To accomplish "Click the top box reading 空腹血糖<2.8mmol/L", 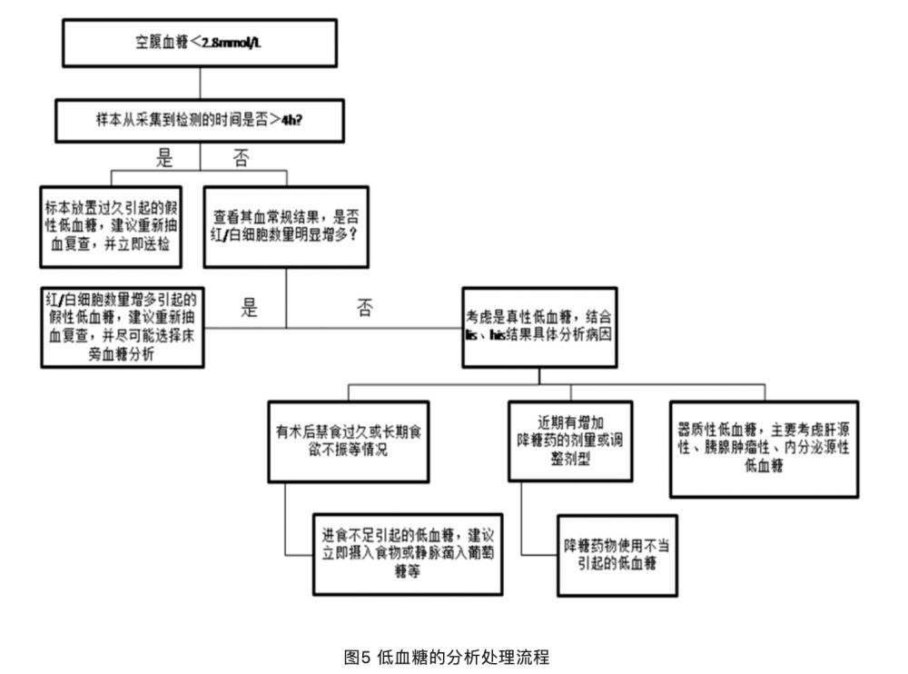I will click(199, 42).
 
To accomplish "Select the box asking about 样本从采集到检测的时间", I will click(199, 120).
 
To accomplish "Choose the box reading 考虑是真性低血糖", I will click(539, 327).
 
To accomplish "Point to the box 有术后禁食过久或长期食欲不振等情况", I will click(349, 441).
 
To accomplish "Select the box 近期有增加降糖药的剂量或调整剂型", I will click(570, 441).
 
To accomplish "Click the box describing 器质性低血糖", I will click(764, 449).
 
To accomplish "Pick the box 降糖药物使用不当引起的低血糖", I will click(617, 555).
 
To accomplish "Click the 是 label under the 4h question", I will click(164, 159).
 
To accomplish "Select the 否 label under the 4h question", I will click(241, 159).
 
